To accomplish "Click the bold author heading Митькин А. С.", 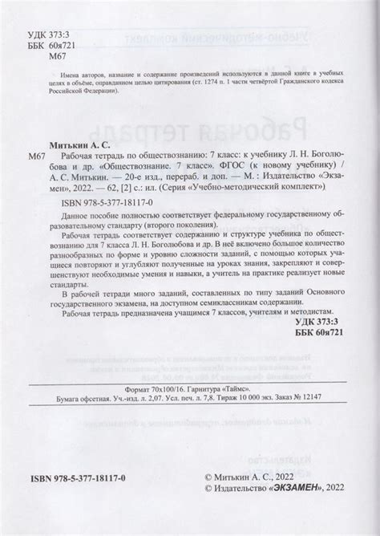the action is coord(77,140).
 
